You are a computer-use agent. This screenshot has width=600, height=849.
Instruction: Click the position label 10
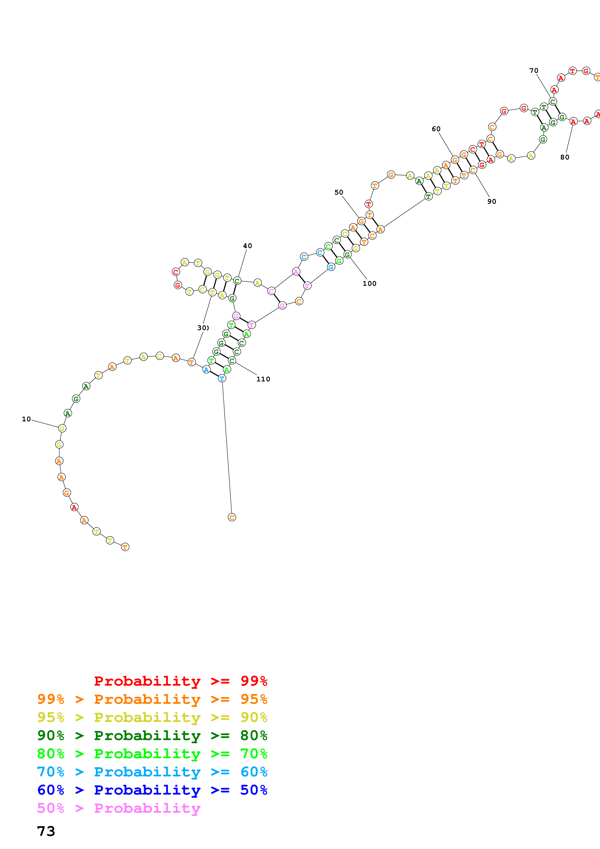coord(26,419)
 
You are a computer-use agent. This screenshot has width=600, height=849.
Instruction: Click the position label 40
coord(247,246)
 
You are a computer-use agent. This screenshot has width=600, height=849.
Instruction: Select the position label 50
coord(339,192)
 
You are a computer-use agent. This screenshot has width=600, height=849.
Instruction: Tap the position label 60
coord(436,129)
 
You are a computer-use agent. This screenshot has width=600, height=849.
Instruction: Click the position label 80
coord(564,157)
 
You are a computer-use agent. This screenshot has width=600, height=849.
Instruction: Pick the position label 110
coord(263,379)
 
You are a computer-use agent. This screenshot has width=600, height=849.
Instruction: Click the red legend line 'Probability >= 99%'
coord(180,681)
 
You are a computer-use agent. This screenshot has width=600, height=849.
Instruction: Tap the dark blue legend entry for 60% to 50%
coord(152,790)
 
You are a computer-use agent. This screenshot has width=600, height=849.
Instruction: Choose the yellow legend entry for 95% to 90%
coord(152,717)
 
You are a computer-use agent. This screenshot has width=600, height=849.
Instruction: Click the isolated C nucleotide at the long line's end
coord(232,517)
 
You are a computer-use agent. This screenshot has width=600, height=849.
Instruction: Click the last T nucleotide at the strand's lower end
coord(125,547)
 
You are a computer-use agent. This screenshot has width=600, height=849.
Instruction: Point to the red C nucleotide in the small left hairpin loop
coord(176,272)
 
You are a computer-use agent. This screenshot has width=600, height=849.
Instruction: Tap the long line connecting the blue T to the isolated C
coord(227,447)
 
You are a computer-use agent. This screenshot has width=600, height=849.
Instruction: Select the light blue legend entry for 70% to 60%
coord(152,772)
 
